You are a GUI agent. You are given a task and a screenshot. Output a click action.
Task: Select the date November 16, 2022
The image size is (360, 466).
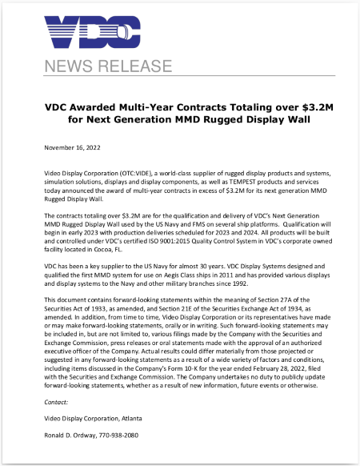75,148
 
